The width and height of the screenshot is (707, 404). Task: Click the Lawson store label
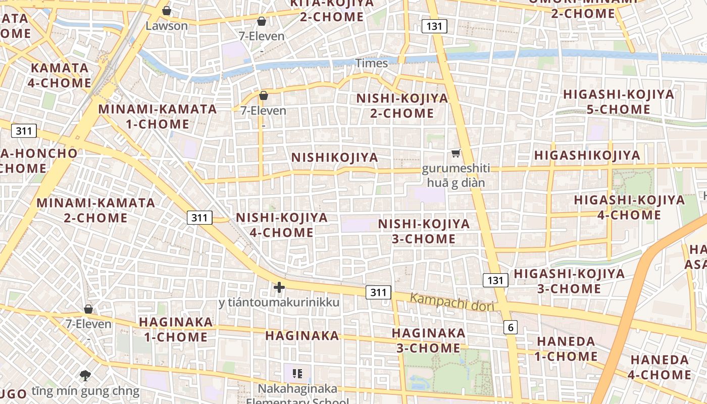point(167,25)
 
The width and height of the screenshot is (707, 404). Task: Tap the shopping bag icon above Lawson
point(167,11)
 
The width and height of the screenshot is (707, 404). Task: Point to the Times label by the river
point(372,63)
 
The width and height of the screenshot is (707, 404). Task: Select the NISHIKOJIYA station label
point(335,158)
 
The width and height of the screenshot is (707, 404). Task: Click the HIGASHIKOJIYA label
point(587,156)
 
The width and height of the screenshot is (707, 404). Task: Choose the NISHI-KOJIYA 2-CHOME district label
point(402,106)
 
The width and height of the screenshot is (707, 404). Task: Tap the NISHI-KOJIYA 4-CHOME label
point(282,225)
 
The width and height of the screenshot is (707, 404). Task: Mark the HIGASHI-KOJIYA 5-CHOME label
point(619,102)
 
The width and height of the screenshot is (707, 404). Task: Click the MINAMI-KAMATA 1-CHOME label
point(158,117)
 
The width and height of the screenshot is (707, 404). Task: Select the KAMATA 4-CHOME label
point(60,75)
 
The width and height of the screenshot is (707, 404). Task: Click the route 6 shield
point(511,327)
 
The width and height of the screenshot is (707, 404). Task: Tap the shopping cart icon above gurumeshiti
point(456,153)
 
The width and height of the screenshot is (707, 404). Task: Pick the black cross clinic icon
point(279,287)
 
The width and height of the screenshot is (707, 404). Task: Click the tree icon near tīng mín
point(85,375)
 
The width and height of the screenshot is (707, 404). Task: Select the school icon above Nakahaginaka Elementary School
point(297,374)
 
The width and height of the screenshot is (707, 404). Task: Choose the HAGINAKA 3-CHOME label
point(428,340)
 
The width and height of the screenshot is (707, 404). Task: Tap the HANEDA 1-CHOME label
point(567,349)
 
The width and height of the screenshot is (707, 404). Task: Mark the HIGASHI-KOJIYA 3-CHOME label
point(569,281)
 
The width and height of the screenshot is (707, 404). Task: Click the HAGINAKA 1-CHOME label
point(176,329)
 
